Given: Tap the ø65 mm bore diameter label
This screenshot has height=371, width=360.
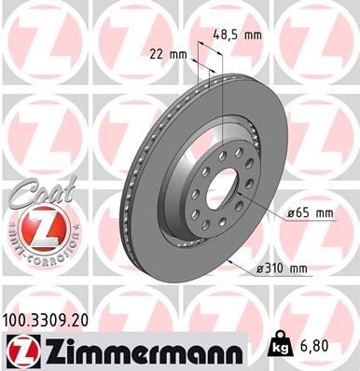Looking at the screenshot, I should click(311, 213).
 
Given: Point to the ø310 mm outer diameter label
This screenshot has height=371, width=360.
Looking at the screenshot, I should click(283, 270).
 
